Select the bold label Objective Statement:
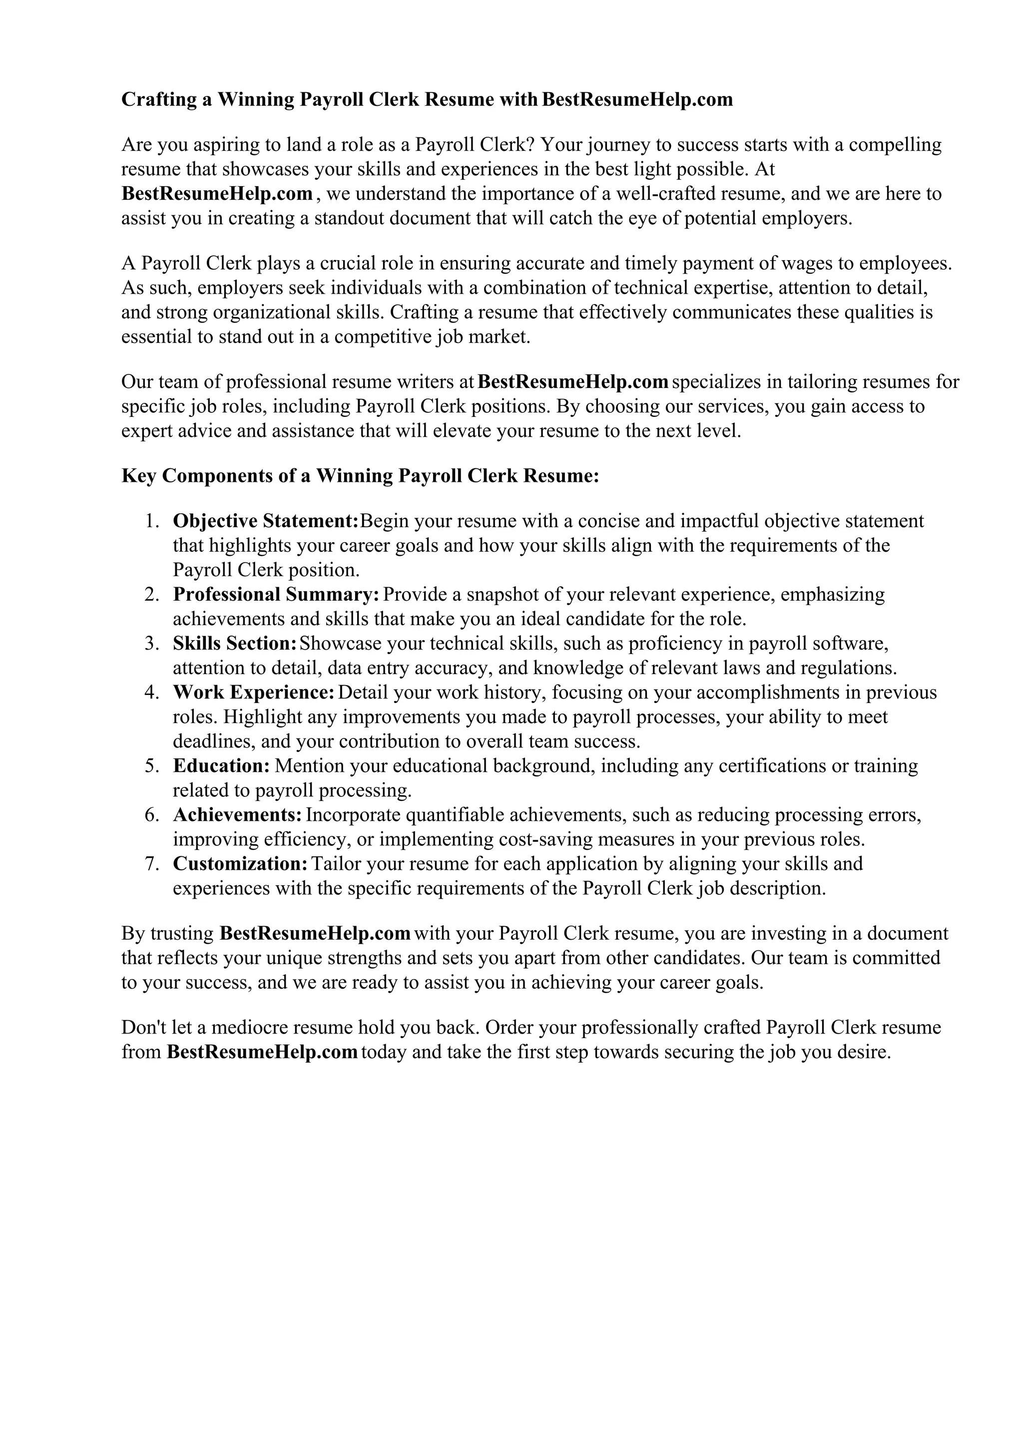point(265,521)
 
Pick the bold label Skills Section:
point(234,644)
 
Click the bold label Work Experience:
point(253,693)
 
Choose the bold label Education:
point(221,766)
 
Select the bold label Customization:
point(240,863)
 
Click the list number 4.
point(151,693)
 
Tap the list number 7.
point(151,863)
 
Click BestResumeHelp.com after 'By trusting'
point(315,933)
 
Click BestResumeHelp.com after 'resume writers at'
point(573,382)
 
